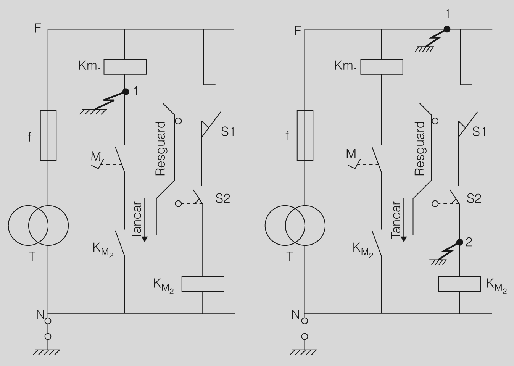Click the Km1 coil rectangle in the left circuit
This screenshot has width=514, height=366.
coord(125,67)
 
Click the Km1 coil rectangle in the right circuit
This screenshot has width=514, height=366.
coord(382,67)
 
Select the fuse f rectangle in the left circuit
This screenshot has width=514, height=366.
coord(48,135)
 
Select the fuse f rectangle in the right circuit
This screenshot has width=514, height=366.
coord(305,135)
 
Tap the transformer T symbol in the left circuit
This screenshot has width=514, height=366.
coord(38,226)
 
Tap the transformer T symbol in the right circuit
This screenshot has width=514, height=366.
coord(295,226)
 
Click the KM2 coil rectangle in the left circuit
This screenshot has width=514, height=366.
coord(203,284)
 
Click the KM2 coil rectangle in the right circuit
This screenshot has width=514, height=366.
coord(459,284)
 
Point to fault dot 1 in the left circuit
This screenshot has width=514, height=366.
coord(126,92)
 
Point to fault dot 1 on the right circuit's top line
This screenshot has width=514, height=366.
coord(447,29)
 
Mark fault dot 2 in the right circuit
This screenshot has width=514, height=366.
coord(459,242)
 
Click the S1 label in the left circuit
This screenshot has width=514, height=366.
coord(228,132)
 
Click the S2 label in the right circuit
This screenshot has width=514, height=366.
coord(474,198)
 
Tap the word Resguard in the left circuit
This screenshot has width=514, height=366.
coord(161,148)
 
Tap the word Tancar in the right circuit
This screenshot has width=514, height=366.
coord(396,220)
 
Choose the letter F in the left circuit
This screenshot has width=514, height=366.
coord(38,29)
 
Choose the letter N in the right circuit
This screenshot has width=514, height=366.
coord(295,314)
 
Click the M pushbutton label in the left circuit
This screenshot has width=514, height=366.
coord(96,156)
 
